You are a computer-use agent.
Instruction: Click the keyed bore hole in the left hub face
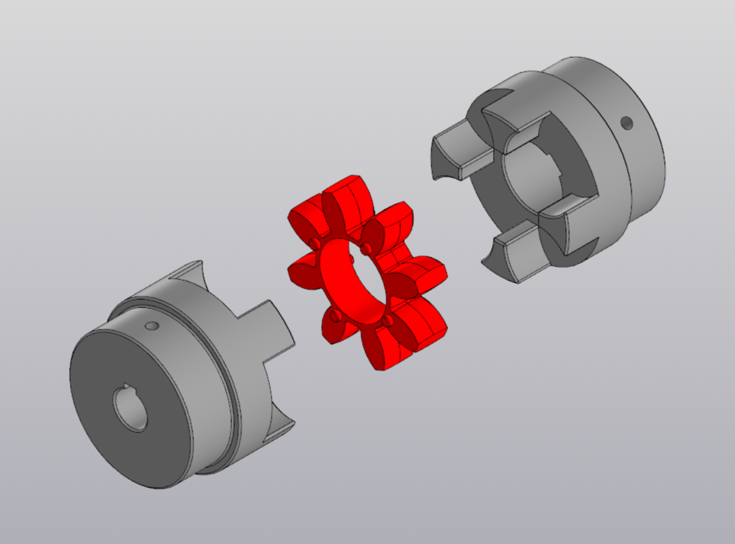coord(131,408)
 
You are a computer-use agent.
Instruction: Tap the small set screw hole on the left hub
coord(152,326)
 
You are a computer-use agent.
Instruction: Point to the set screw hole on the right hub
coord(626,122)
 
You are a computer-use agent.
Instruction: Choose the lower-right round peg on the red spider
coord(388,321)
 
